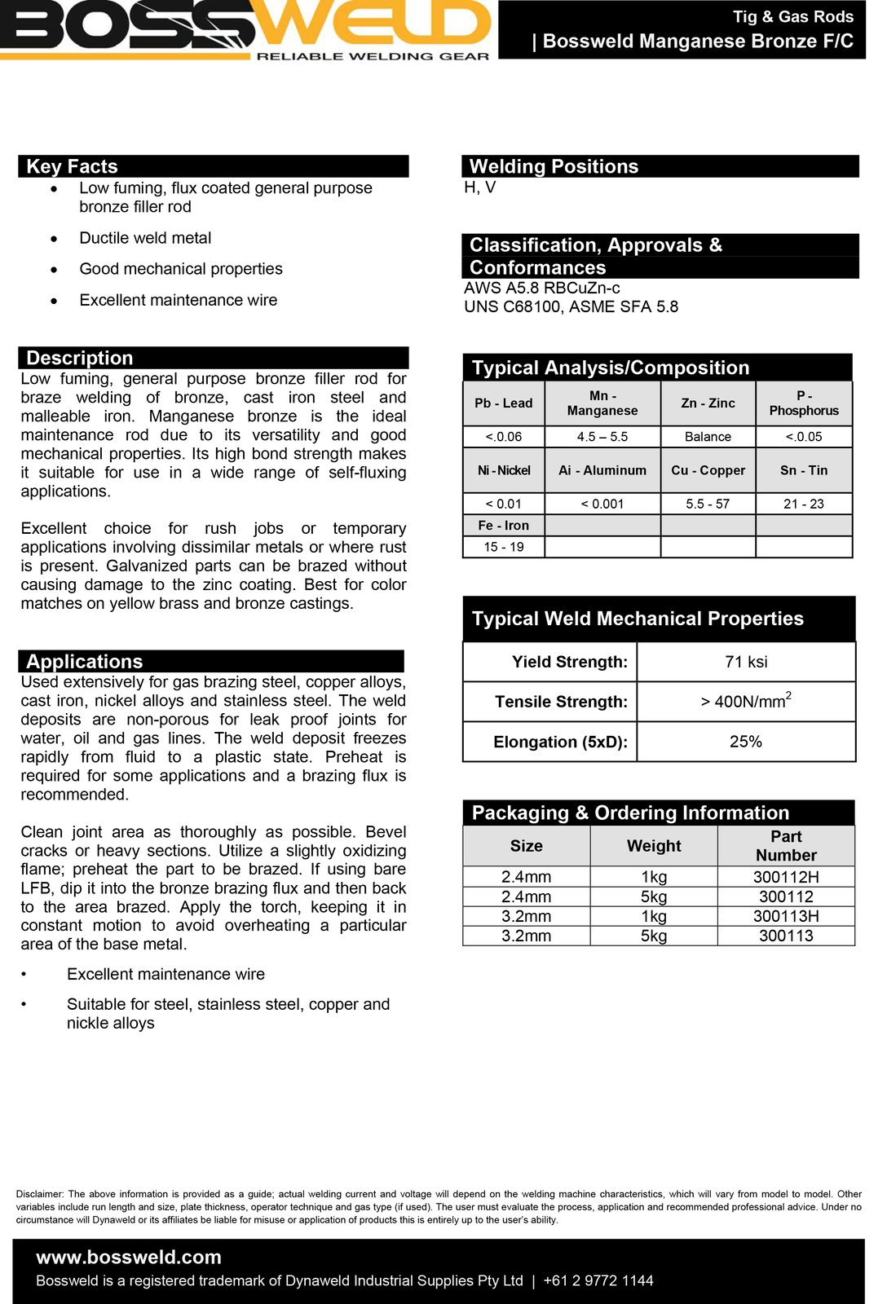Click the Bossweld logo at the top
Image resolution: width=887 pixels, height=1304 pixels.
(245, 29)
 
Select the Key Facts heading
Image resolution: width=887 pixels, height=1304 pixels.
(72, 166)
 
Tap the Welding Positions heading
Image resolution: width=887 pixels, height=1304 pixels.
(554, 166)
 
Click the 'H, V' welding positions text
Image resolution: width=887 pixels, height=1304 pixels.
(479, 187)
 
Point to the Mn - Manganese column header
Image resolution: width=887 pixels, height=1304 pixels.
(602, 403)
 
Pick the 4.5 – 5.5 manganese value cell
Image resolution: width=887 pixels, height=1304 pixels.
(602, 437)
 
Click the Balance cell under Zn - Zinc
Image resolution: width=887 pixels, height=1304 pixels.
(708, 437)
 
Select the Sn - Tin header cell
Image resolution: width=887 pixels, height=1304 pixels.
(804, 470)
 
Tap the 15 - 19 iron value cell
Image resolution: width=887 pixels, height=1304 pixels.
(504, 547)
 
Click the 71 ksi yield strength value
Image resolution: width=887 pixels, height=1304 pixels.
(746, 662)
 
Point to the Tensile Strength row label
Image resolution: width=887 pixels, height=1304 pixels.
(561, 702)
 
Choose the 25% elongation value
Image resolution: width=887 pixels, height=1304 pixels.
(746, 742)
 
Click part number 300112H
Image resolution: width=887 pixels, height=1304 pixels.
(786, 877)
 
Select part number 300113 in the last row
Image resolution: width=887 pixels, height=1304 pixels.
(786, 936)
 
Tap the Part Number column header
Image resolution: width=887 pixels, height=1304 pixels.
(786, 846)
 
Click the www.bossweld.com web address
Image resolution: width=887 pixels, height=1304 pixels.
(129, 1257)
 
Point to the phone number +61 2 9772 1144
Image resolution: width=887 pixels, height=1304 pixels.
(598, 1280)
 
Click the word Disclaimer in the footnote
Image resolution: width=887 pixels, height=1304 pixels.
(39, 1194)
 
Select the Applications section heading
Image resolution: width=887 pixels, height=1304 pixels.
(84, 661)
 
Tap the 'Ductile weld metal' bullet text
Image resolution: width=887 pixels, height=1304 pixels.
(145, 238)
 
